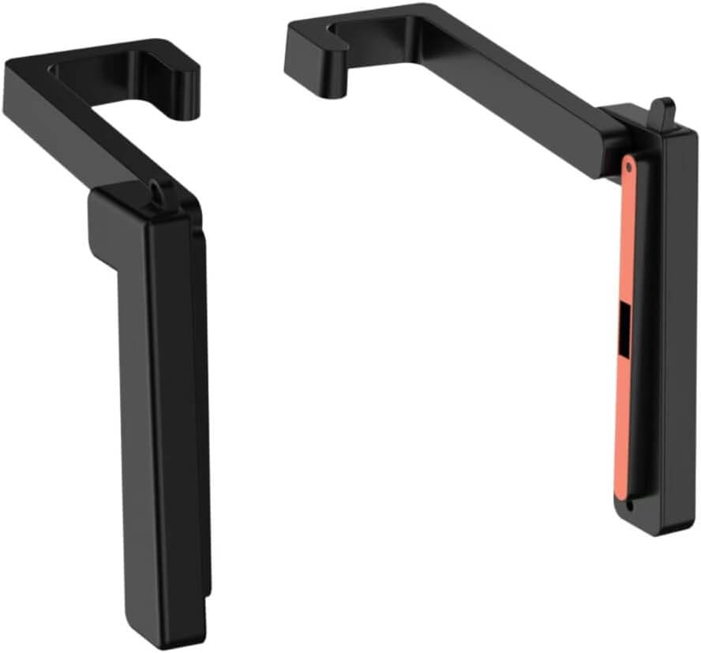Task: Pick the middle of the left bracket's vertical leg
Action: (166, 411)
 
